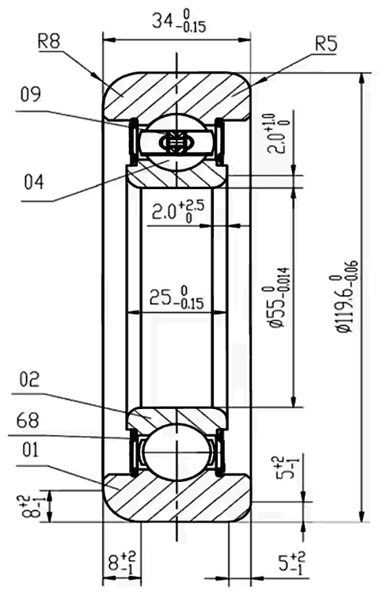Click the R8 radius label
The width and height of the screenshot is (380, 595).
pos(48,41)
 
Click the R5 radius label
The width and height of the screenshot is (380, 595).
pos(325,44)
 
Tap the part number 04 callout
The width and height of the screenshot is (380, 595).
pos(33,183)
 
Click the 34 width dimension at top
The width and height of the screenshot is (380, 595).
pos(177,21)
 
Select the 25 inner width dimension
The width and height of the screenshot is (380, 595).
pos(174,299)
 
